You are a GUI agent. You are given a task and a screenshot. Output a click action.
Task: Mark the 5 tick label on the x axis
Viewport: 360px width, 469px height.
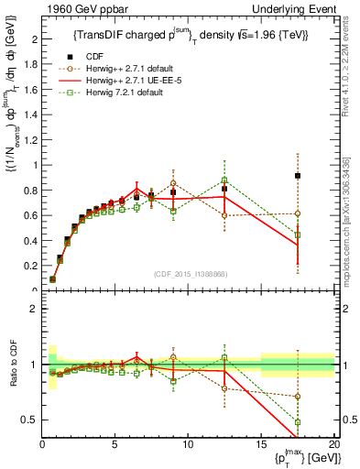(x=115, y=445)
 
